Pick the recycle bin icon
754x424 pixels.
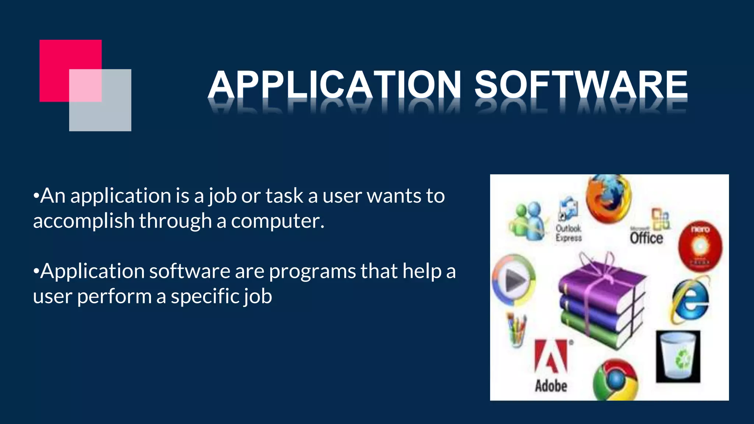[678, 356]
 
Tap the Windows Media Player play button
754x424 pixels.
[514, 280]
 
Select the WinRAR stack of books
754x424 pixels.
[601, 302]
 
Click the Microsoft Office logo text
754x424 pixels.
[646, 237]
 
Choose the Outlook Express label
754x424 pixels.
[568, 233]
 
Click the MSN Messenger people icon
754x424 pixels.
[527, 221]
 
